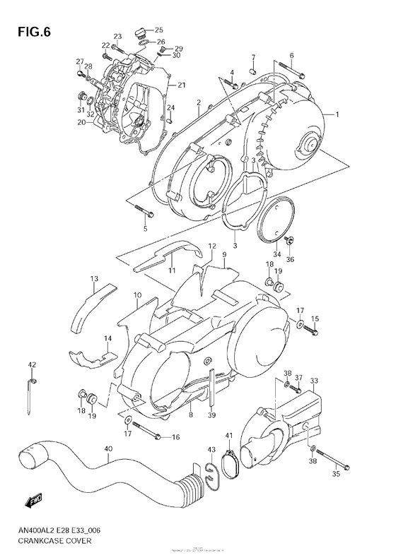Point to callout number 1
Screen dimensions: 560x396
coord(337,115)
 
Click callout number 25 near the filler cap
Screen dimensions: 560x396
coord(159,30)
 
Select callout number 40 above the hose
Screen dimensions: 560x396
coord(107,448)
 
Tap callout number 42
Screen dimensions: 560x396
coord(32,364)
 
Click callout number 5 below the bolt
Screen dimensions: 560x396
coord(144,228)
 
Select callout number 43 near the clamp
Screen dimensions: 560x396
coord(211,451)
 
